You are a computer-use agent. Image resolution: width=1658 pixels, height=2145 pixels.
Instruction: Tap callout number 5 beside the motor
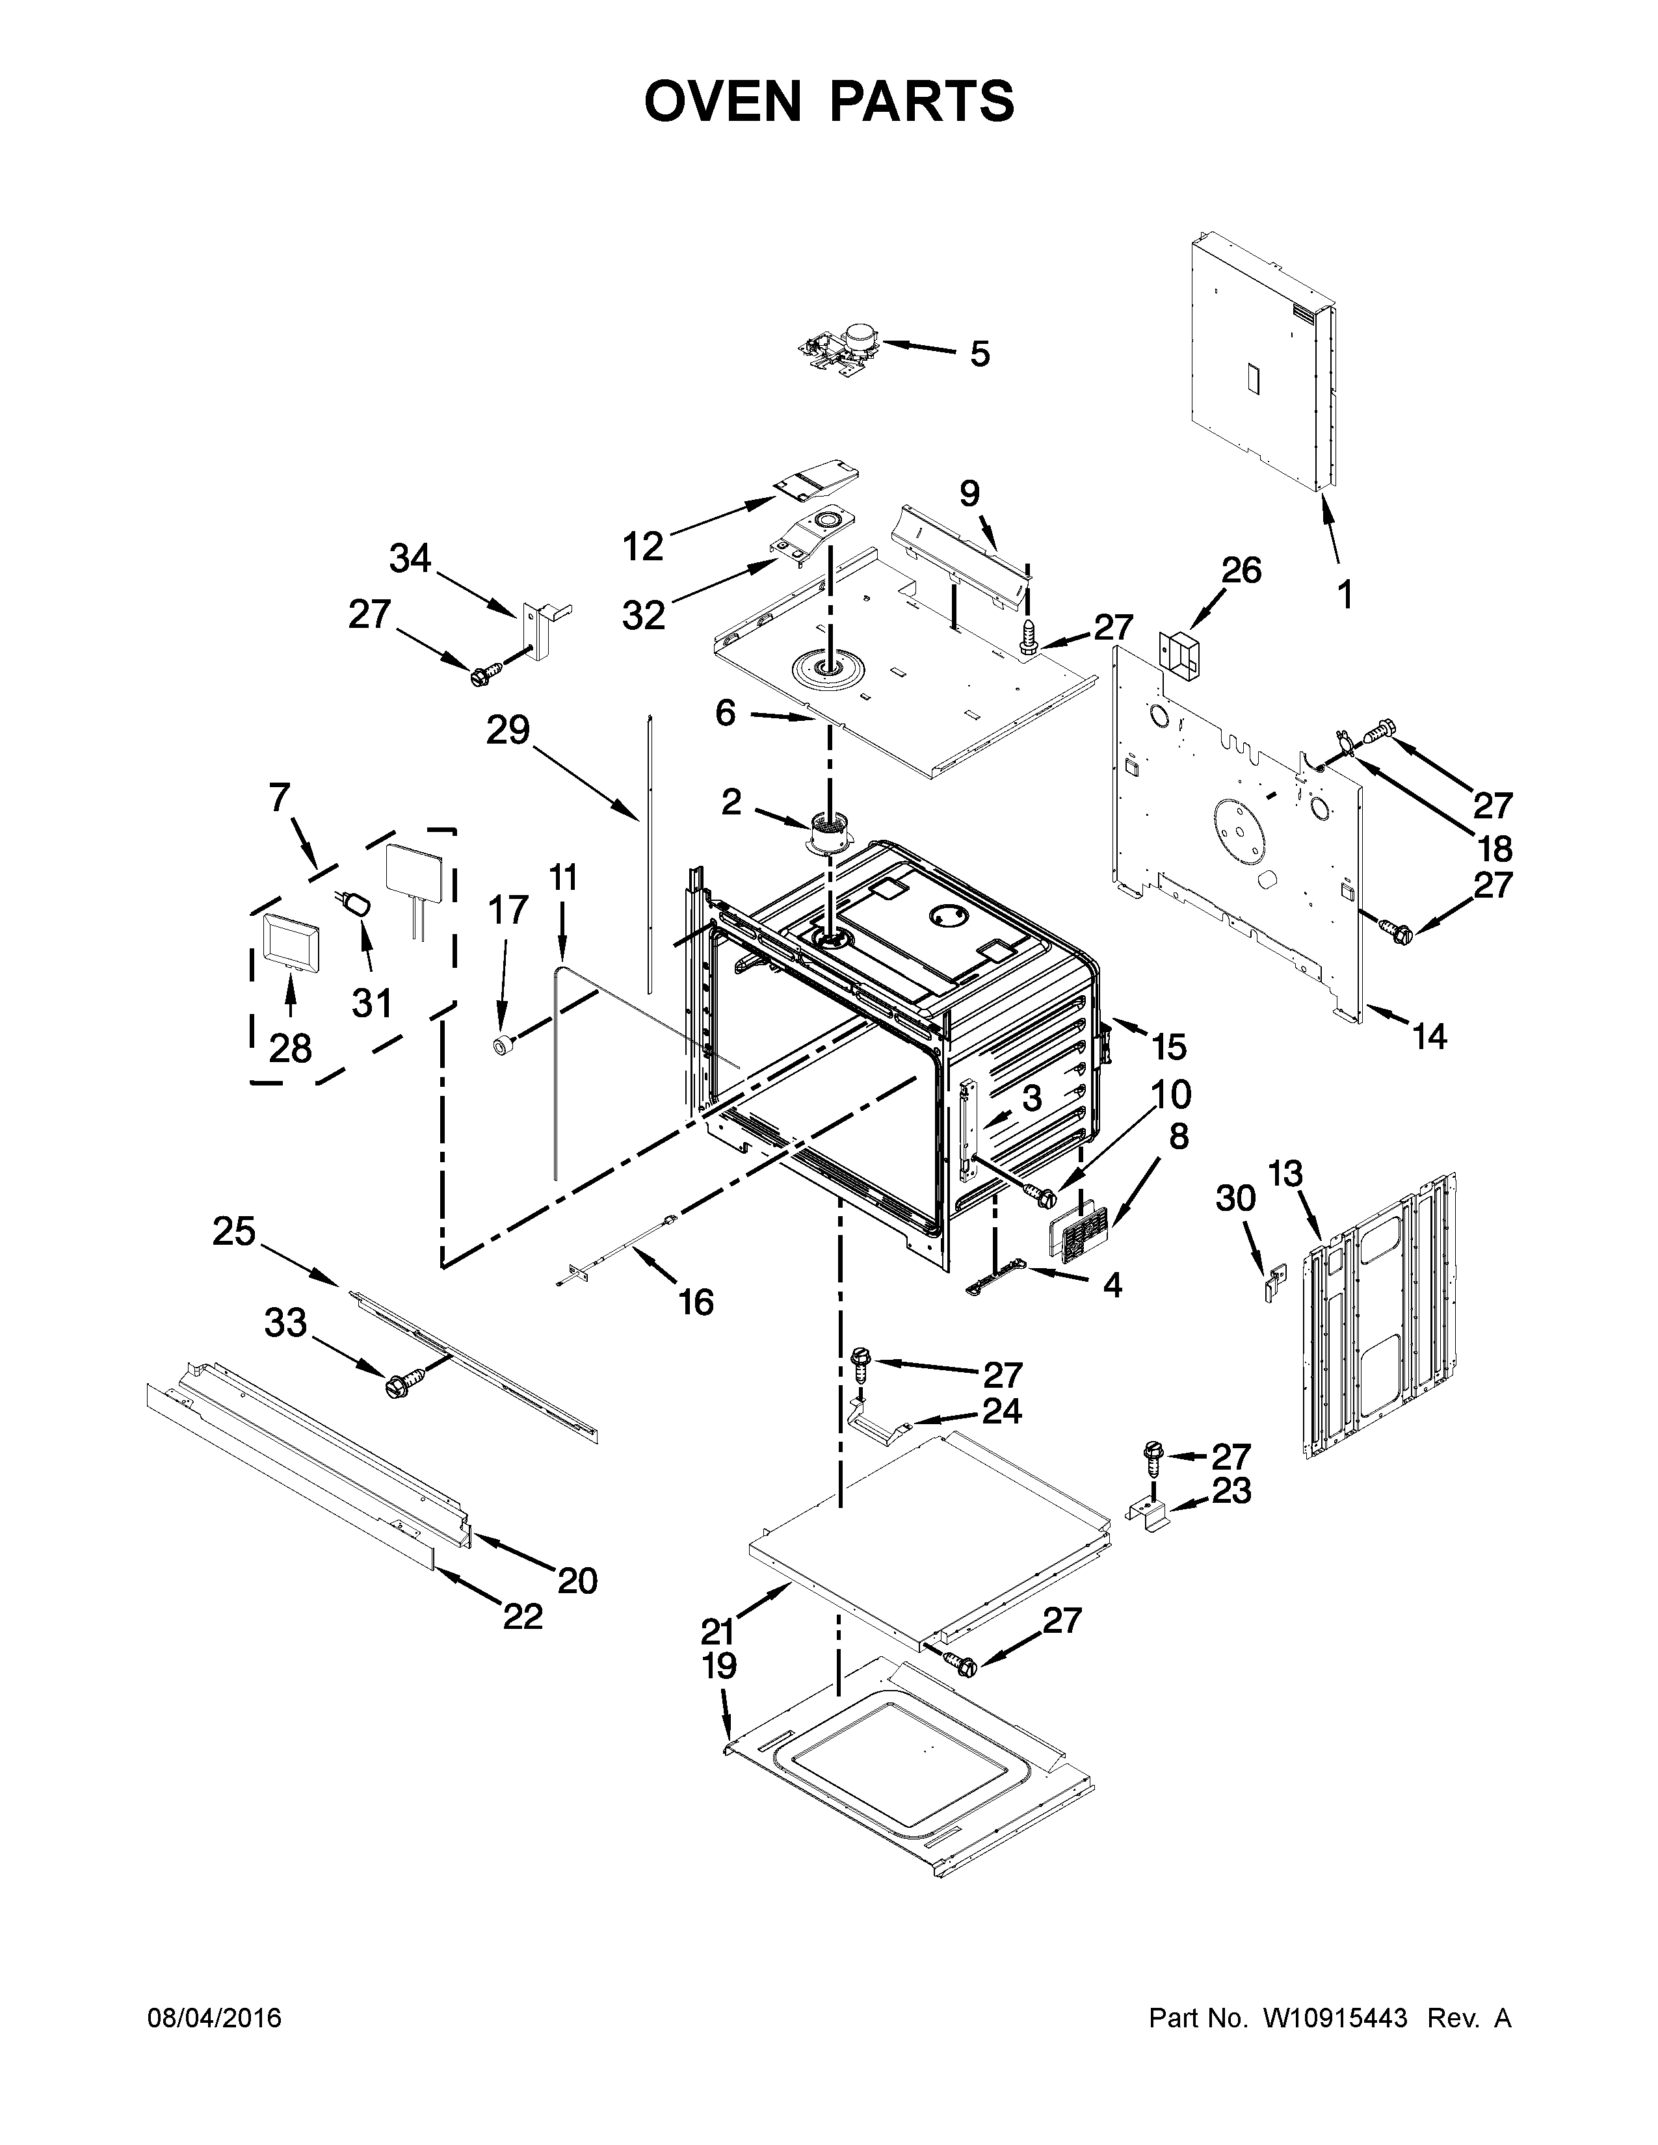[979, 354]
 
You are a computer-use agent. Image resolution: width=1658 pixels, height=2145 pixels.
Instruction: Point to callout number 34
[410, 559]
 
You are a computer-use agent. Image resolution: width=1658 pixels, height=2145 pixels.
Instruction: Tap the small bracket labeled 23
[1150, 1513]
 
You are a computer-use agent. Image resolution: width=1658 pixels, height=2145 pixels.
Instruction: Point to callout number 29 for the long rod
[508, 730]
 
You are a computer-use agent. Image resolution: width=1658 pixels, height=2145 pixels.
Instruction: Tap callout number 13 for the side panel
[1285, 1174]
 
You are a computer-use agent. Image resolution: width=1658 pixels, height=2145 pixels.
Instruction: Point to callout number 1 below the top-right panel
[1345, 595]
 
